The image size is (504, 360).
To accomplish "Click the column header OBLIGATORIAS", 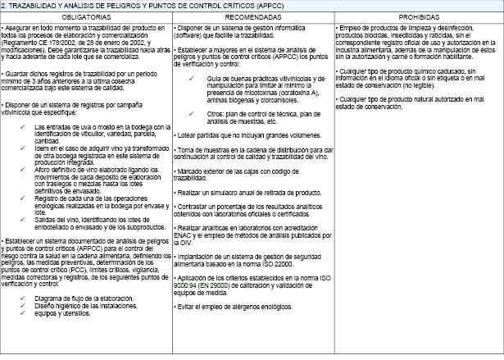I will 86,16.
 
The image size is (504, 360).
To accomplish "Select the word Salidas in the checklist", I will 48,219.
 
